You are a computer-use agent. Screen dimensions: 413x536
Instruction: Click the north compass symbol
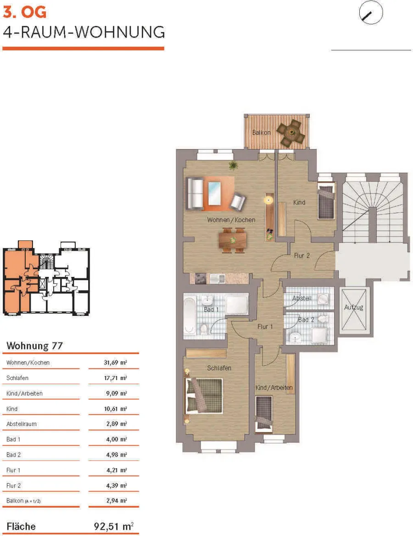(x=371, y=13)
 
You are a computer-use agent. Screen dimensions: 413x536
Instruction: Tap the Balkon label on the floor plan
(x=262, y=133)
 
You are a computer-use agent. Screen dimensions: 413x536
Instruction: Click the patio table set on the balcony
(x=291, y=133)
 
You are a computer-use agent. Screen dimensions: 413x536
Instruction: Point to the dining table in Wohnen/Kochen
(x=233, y=240)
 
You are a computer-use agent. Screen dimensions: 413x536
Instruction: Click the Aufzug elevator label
(x=353, y=307)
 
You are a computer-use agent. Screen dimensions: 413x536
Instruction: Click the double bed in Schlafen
(x=204, y=396)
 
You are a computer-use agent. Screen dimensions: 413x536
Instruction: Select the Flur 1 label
(x=265, y=327)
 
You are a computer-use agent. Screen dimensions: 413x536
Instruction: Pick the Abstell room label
(x=302, y=298)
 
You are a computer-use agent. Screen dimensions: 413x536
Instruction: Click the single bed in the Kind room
(x=326, y=201)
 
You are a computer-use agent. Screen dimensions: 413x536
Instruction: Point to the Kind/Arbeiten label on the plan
(x=274, y=387)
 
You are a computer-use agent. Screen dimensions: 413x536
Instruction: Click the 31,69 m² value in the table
(x=115, y=362)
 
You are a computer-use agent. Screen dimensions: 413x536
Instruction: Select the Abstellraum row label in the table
(x=21, y=424)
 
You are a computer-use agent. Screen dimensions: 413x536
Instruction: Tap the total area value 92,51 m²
(x=114, y=526)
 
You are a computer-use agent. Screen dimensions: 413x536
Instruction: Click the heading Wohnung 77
(x=34, y=346)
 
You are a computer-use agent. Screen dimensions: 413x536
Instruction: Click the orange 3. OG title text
(x=24, y=12)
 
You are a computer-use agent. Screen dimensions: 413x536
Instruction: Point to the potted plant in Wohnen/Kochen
(x=234, y=166)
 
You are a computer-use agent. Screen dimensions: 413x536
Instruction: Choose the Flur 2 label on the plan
(x=302, y=256)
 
